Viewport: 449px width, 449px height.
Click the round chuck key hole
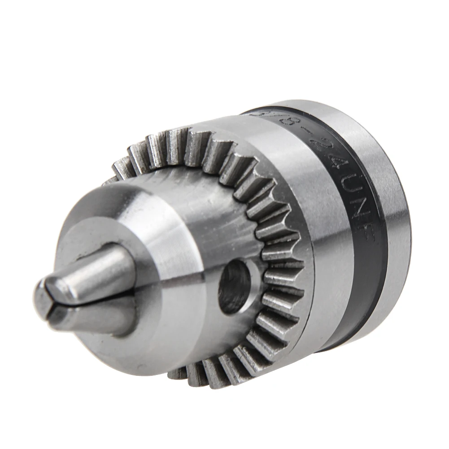click(234, 287)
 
